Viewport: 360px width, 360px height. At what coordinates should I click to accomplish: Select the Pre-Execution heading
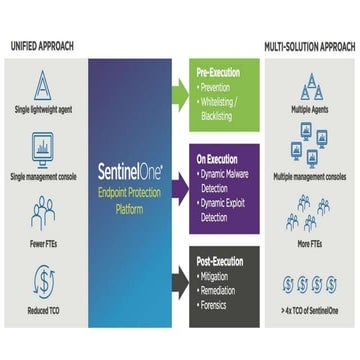click(218, 73)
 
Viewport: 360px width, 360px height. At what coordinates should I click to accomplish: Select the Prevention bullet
click(224, 87)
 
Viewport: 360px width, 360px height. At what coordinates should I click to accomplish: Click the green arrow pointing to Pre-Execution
click(181, 91)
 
